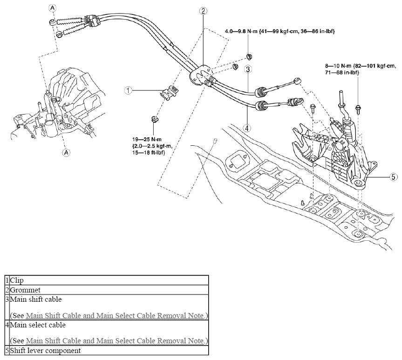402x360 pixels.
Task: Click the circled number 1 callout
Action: pos(128,90)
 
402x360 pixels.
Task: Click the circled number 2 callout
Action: pos(203,11)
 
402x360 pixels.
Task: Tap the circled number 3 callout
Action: pos(248,69)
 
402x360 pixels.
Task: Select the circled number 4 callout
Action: pos(247,128)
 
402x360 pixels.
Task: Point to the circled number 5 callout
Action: pos(394,177)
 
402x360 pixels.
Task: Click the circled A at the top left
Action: pos(52,8)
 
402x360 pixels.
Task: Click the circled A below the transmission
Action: pos(67,153)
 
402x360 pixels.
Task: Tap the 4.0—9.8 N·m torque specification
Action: pos(279,31)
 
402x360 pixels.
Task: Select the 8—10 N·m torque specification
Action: pos(360,69)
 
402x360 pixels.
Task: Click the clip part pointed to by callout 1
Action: pos(169,92)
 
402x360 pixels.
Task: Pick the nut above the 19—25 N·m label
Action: pos(155,119)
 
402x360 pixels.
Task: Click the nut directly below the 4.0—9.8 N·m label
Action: pos(249,56)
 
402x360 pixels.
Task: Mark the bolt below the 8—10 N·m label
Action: pos(358,109)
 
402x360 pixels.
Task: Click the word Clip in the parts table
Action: pos(17,280)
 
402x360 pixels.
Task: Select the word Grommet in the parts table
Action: pos(25,290)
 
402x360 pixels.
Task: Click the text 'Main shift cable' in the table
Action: pos(36,299)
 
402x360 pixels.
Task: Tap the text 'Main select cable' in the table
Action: pos(38,325)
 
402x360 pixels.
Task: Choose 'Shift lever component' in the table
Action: pos(45,351)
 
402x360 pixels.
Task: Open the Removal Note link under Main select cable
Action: pos(116,341)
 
